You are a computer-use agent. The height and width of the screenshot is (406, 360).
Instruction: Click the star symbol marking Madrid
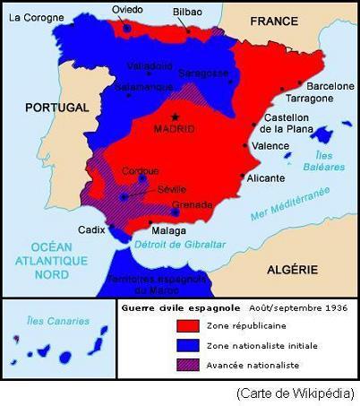pyautogui.click(x=175, y=117)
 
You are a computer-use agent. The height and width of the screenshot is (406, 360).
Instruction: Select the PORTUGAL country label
pyautogui.click(x=56, y=107)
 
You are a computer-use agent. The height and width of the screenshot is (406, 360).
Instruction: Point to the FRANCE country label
pyautogui.click(x=275, y=21)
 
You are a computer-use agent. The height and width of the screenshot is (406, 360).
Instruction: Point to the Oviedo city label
pyautogui.click(x=127, y=9)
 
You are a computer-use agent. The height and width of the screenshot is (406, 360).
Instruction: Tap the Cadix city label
pyautogui.click(x=91, y=229)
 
